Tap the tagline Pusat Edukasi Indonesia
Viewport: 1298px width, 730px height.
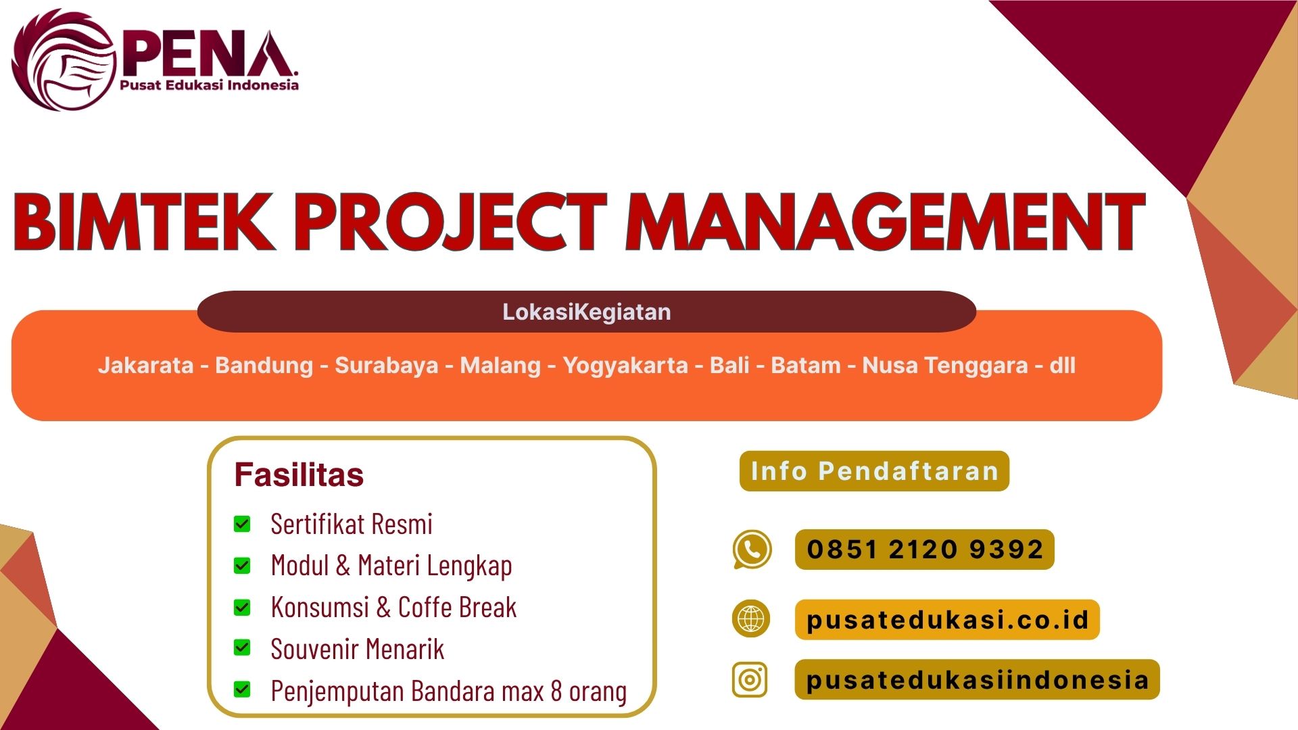pos(209,85)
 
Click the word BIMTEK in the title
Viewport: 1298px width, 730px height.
pos(143,222)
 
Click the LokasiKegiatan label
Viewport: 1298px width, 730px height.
pos(586,312)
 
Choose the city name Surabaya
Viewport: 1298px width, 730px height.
pos(387,366)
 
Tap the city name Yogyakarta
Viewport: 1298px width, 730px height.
pos(625,366)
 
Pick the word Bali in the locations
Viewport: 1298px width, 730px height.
pos(729,366)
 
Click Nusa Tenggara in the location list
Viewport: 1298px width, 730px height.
pos(944,366)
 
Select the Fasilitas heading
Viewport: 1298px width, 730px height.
pos(299,474)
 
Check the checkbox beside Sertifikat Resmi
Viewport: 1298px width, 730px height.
pos(242,524)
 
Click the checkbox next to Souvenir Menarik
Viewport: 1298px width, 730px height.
pos(242,648)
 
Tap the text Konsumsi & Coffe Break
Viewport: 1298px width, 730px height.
pos(393,607)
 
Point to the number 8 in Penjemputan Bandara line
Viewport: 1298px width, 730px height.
pos(556,691)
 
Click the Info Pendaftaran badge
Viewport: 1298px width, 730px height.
pos(874,471)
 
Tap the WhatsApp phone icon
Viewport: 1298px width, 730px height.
pos(751,550)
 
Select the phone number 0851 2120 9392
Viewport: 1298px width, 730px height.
pos(925,550)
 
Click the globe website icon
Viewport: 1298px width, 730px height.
pos(750,618)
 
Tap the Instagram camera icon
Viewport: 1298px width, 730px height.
pos(750,679)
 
